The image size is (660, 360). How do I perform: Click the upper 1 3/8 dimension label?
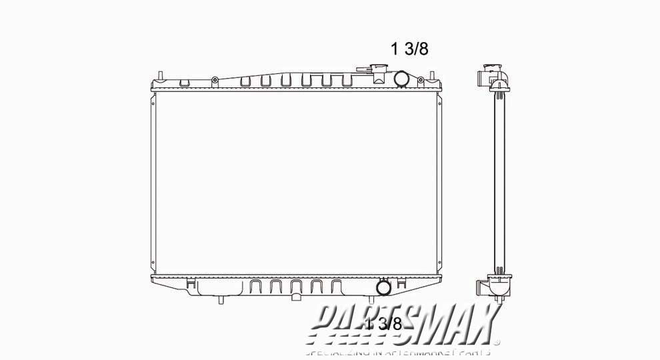pos(409,49)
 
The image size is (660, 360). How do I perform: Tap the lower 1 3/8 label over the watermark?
pos(385,325)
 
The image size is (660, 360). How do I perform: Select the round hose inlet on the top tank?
pos(403,79)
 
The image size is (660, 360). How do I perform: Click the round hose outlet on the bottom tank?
pos(384,287)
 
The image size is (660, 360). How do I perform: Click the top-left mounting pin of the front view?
pos(161,72)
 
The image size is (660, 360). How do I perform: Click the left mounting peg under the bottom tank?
pos(220,301)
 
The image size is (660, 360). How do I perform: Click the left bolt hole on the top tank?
pos(215,81)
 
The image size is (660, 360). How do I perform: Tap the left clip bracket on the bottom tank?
pos(192,285)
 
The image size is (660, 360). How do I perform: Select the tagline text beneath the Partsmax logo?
pos(398,351)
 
